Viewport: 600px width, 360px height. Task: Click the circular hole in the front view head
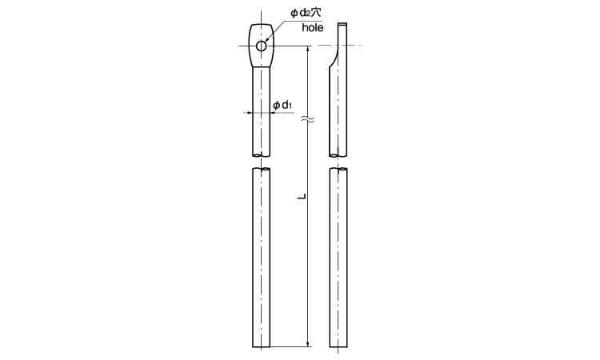(262, 46)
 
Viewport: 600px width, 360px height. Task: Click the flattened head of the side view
(342, 40)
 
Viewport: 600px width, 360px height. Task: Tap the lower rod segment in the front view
(262, 256)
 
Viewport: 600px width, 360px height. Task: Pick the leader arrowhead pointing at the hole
(266, 42)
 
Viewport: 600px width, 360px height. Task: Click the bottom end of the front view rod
(262, 346)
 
